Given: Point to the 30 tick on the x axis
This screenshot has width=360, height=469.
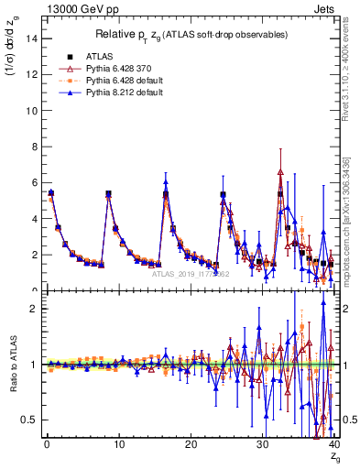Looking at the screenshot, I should click(263, 445).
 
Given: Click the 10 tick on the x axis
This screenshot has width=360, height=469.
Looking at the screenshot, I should click(118, 445).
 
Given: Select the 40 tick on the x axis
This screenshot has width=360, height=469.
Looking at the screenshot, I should click(334, 445).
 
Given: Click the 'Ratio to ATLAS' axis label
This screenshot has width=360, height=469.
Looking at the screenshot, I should click(12, 365).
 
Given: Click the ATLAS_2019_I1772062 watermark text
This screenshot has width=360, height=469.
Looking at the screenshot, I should click(190, 273).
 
